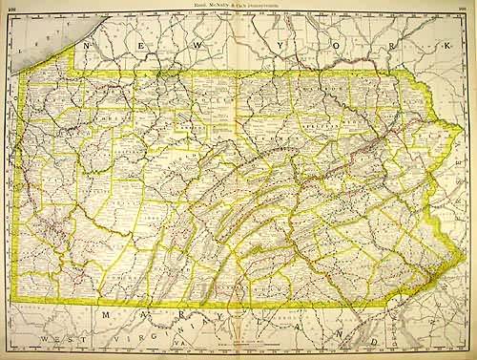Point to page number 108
click(13, 7)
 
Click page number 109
click(464, 7)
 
